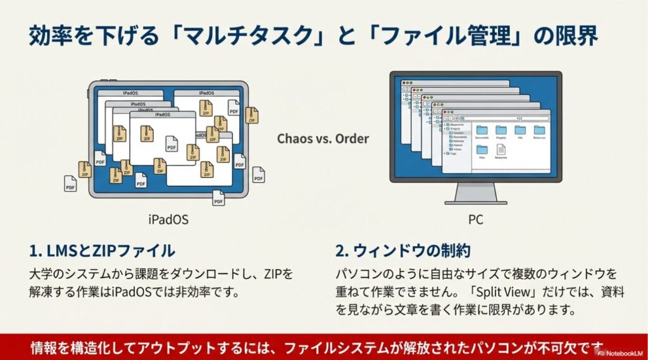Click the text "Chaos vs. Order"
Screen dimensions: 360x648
pos(323,138)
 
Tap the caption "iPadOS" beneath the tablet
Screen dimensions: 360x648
pos(168,220)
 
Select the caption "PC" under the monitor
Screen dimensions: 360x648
pos(476,220)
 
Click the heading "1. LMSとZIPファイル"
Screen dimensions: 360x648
pos(102,251)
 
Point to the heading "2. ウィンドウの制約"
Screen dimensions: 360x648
pos(402,251)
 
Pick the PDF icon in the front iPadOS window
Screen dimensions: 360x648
pos(171,144)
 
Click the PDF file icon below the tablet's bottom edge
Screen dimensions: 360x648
pos(218,197)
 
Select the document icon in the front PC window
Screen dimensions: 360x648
pos(501,149)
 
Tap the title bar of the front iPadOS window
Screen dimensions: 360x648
pos(162,115)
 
